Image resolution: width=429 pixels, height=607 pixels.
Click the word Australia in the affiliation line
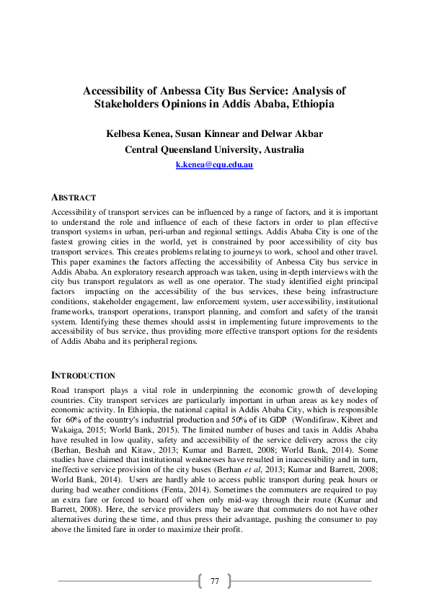pyautogui.click(x=281, y=150)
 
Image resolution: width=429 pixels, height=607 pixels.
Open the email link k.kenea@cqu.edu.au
pyautogui.click(x=214, y=165)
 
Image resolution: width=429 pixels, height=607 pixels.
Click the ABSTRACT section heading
pyautogui.click(x=74, y=197)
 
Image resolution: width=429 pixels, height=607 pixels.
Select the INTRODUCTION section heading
pyautogui.click(x=83, y=376)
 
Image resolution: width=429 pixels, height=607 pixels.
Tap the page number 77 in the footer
pyautogui.click(x=214, y=581)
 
